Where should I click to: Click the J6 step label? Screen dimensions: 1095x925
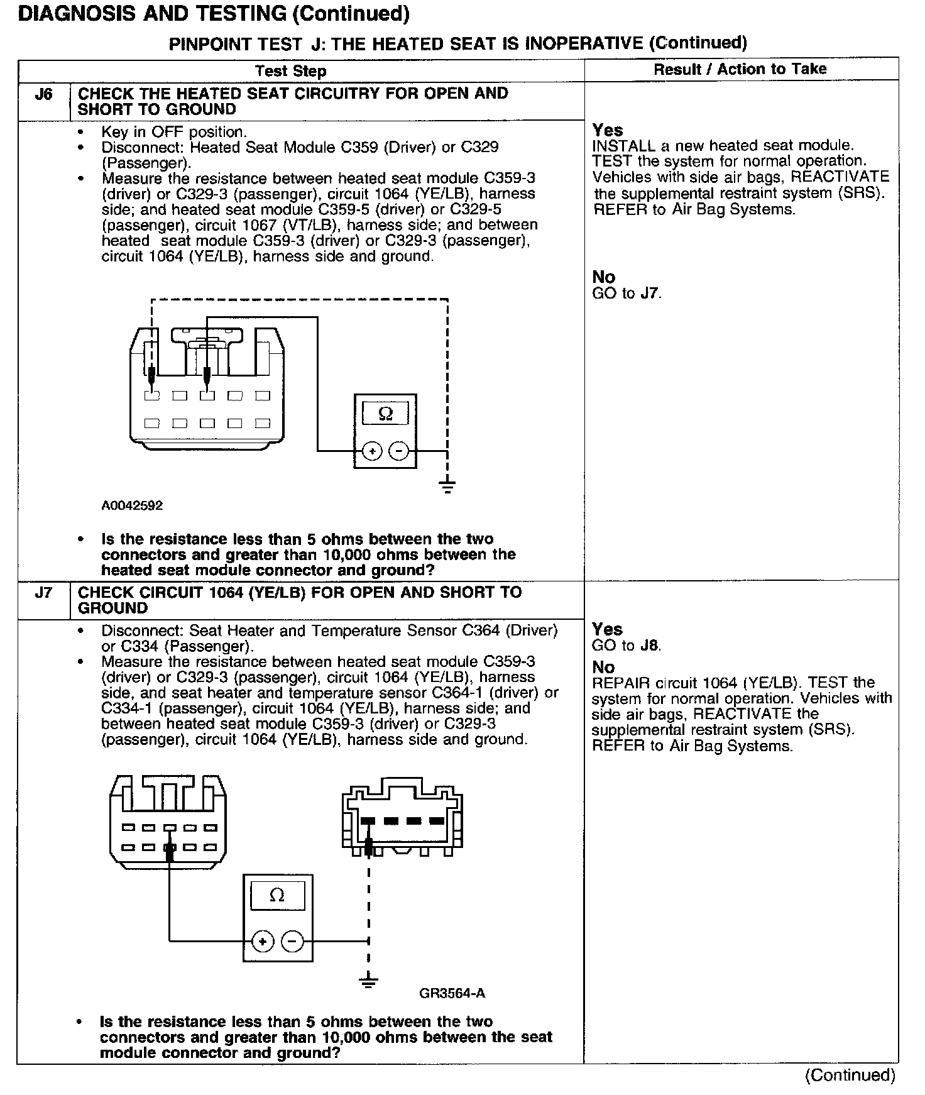coord(43,95)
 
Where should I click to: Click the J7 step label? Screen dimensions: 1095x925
coord(43,593)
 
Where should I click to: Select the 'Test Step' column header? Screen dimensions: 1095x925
coord(291,71)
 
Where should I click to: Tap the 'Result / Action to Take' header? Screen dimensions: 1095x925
coord(740,69)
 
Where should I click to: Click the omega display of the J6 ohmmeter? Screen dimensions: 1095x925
coord(386,414)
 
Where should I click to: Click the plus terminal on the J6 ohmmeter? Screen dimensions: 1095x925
coord(373,451)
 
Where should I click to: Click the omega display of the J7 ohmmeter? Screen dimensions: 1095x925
coord(277,894)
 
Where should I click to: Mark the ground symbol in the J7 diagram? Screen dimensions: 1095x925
coord(368,981)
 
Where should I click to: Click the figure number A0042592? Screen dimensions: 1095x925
coord(132,505)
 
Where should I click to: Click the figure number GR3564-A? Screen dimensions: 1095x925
coord(452,994)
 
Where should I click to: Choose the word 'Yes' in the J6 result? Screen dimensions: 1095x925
coord(608,130)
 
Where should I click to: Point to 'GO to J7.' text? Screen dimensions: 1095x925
coord(627,293)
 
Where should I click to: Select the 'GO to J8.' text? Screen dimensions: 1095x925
coord(627,646)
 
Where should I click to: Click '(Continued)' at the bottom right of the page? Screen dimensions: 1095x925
coord(850,1075)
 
